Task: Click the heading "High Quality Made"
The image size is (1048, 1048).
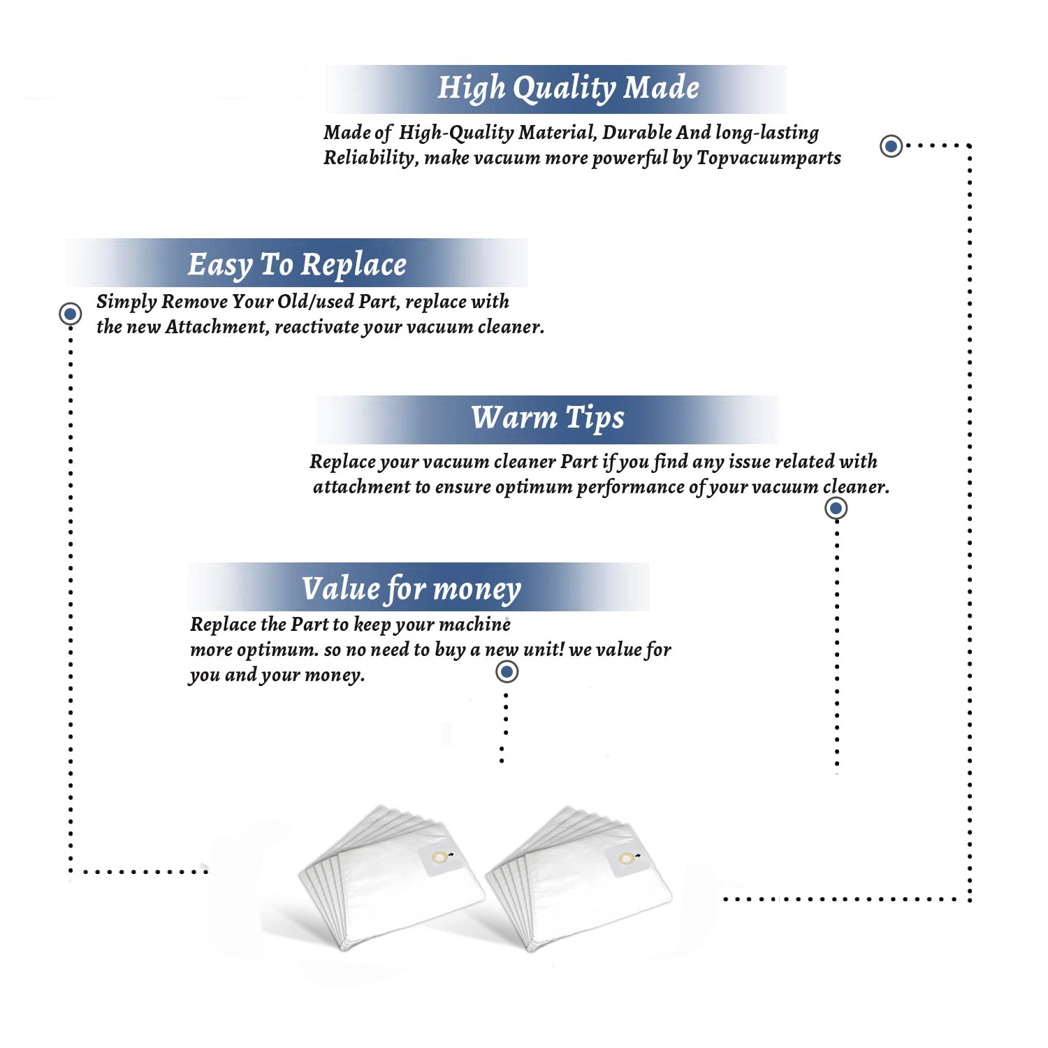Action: click(x=568, y=89)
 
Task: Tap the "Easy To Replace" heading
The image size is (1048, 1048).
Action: click(x=297, y=265)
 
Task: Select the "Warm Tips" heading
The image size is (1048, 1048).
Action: click(x=548, y=418)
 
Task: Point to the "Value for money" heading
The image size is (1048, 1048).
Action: click(x=412, y=588)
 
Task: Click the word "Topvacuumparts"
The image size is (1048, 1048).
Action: click(x=769, y=159)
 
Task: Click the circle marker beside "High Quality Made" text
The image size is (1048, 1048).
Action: click(x=891, y=146)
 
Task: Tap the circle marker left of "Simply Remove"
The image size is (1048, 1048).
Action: click(x=70, y=314)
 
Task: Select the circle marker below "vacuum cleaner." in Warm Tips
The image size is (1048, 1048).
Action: click(x=836, y=508)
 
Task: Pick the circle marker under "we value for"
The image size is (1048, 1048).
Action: click(x=507, y=672)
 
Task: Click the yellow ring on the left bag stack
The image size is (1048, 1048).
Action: click(x=439, y=857)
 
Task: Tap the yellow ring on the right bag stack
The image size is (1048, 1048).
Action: click(x=627, y=858)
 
